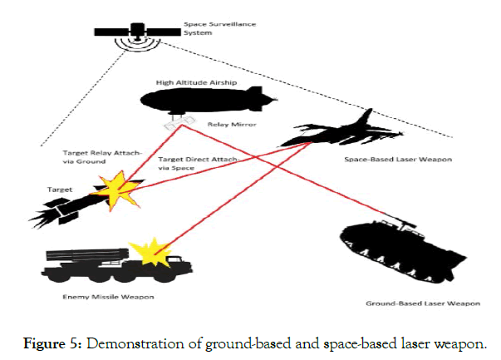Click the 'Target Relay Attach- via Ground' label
[x=91, y=158]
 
